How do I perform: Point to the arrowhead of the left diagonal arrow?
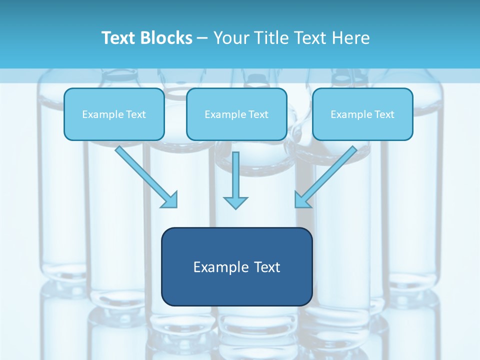click(170, 199)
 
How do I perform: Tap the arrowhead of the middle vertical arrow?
click(235, 202)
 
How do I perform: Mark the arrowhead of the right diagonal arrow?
click(302, 199)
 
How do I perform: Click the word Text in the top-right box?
click(384, 114)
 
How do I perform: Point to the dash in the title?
click(202, 38)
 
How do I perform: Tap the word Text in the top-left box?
click(136, 114)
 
